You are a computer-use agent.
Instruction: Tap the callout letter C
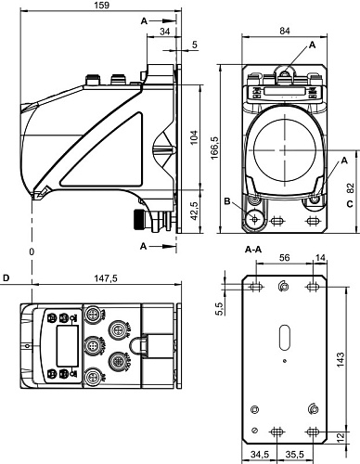pyautogui.click(x=349, y=203)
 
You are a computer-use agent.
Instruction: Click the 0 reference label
pyautogui.click(x=31, y=251)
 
